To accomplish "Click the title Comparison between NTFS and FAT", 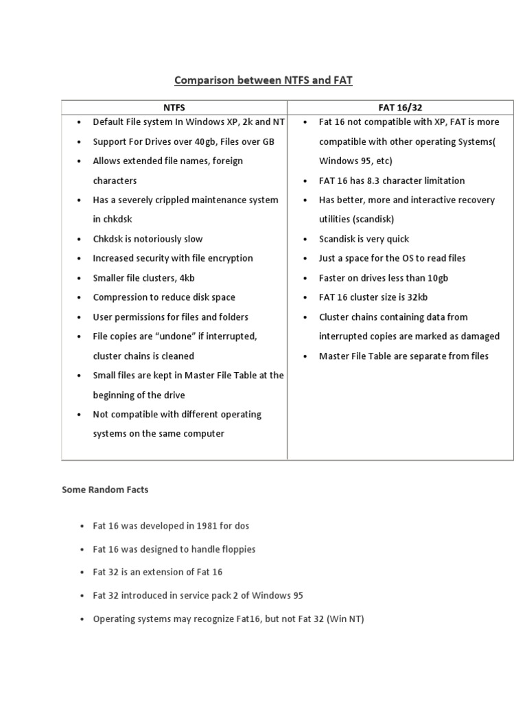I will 263,80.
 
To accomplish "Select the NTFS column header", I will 174,108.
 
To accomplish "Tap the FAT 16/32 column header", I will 400,108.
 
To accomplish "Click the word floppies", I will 235,549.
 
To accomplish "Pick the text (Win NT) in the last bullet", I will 345,619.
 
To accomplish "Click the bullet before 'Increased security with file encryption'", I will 80,258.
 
